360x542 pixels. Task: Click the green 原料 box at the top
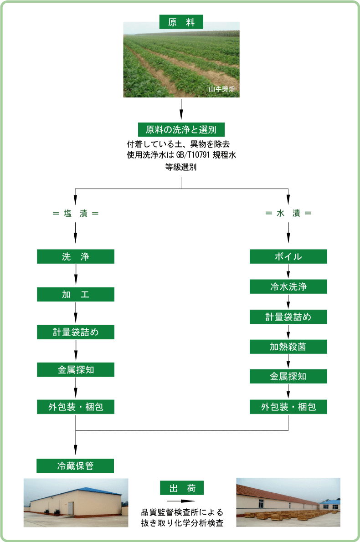(181, 21)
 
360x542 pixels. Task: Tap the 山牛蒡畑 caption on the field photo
(221, 89)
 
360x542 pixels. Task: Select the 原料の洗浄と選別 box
(181, 129)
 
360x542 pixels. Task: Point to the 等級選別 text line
(181, 166)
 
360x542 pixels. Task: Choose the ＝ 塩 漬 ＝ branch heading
(76, 213)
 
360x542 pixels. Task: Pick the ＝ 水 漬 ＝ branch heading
(288, 213)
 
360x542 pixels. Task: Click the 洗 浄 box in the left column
(76, 256)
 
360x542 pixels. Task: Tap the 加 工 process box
(76, 294)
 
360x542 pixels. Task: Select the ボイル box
(288, 256)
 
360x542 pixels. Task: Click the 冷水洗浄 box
(288, 286)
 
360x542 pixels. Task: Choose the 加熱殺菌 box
(288, 347)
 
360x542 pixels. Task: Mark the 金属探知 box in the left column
(76, 369)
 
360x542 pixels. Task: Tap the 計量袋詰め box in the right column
(288, 317)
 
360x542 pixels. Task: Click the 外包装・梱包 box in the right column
(288, 407)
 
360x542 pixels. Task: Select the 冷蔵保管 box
(76, 465)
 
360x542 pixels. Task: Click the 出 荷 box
(182, 488)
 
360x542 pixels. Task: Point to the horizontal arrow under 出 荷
(181, 501)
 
